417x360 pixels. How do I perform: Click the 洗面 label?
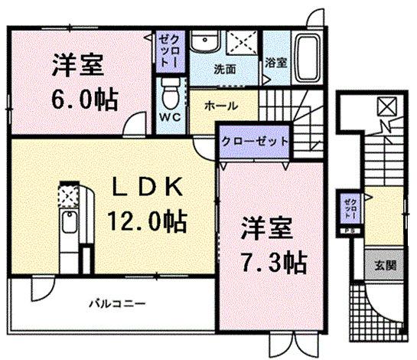(223, 69)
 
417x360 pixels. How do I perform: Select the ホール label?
(220, 106)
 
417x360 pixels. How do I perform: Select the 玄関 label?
(384, 265)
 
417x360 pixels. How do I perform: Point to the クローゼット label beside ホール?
(255, 142)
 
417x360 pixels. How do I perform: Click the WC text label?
(171, 118)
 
